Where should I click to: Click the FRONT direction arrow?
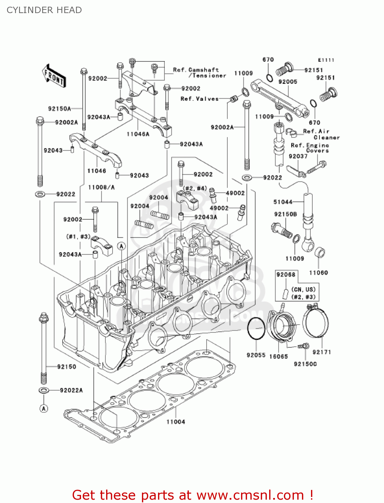(x=54, y=76)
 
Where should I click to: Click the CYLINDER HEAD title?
(x=44, y=10)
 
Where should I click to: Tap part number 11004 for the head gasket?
(x=176, y=422)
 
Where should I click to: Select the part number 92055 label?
(x=256, y=355)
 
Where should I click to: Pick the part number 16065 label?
(x=279, y=356)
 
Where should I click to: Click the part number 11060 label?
(x=318, y=273)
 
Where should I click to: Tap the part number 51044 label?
(x=283, y=202)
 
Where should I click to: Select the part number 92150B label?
(x=285, y=214)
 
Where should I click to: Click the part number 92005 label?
(x=288, y=81)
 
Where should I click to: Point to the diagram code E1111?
(x=326, y=60)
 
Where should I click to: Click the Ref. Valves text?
(x=200, y=99)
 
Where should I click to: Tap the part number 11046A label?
(x=138, y=134)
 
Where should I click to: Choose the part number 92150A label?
(x=60, y=109)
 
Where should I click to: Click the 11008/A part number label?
(x=101, y=187)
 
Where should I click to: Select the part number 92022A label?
(x=71, y=390)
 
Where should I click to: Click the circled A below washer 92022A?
(x=44, y=408)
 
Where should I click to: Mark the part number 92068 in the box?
(x=286, y=275)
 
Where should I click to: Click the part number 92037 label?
(x=298, y=156)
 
